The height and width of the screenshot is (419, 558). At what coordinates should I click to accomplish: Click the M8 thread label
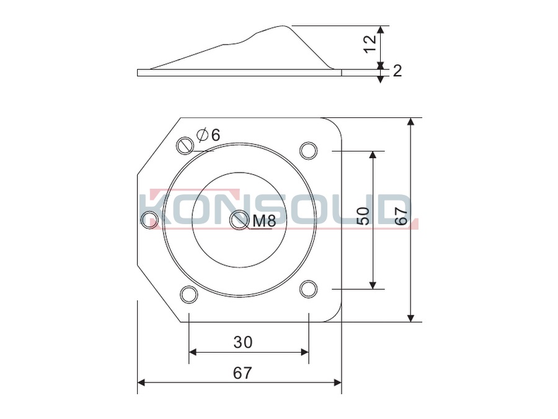click(264, 221)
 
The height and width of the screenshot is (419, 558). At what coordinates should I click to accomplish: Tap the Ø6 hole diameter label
click(208, 135)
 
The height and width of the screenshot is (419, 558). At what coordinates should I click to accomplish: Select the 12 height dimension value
click(371, 43)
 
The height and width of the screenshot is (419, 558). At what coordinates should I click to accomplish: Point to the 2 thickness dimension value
click(397, 71)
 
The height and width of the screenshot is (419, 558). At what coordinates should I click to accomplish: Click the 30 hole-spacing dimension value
click(243, 343)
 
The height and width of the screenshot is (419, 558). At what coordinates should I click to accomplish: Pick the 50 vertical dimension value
click(363, 216)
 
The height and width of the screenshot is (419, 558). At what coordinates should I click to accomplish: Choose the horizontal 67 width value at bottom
click(242, 373)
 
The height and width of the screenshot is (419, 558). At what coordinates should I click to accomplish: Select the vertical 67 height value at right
click(401, 215)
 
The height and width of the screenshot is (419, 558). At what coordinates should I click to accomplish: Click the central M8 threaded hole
click(239, 220)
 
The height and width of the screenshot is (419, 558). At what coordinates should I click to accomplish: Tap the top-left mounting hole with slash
click(185, 146)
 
